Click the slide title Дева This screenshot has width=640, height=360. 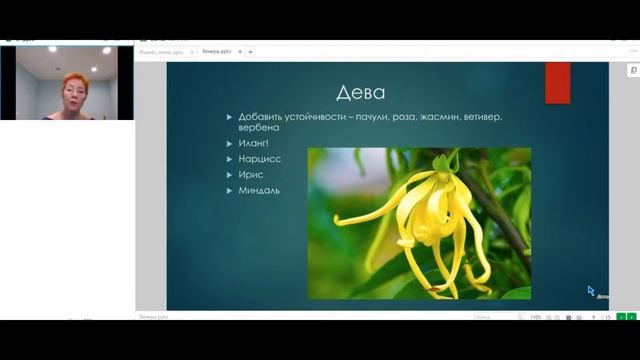[x=360, y=93]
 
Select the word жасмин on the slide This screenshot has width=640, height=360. [x=430, y=117]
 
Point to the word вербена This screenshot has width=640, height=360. [x=258, y=129]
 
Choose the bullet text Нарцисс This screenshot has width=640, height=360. [x=259, y=159]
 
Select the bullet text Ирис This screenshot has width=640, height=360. [x=251, y=174]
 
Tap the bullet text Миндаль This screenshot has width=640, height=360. [x=259, y=190]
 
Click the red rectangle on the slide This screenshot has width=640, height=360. [x=557, y=83]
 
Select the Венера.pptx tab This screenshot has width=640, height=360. [x=217, y=51]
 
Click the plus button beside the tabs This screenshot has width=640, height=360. [x=251, y=51]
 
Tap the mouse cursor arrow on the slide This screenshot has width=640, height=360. [x=590, y=291]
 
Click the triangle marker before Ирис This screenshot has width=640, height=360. [x=230, y=174]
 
